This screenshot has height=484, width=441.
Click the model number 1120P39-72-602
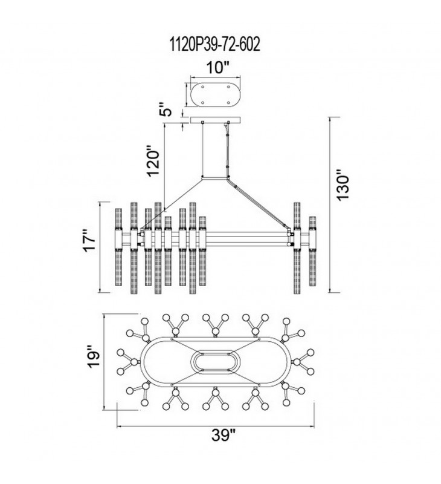click(215, 44)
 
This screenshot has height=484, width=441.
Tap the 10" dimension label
click(218, 68)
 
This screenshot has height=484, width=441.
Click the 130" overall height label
click(343, 185)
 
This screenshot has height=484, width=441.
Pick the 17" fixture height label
click(91, 240)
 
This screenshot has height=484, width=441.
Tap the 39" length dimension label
click(223, 435)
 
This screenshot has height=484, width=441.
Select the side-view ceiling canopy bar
click(216, 119)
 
